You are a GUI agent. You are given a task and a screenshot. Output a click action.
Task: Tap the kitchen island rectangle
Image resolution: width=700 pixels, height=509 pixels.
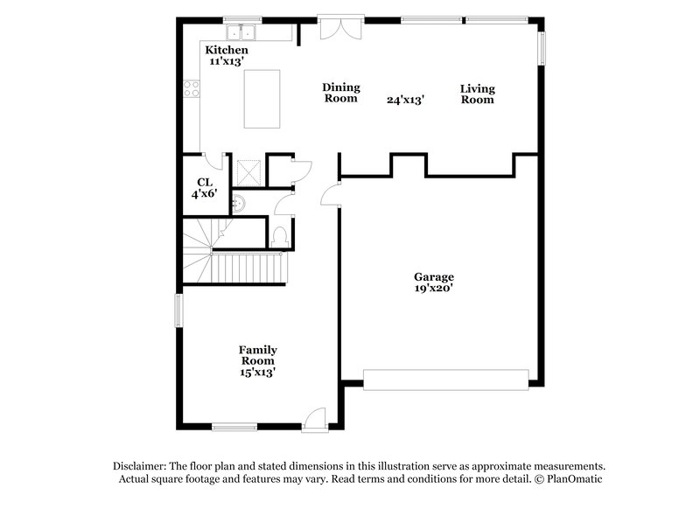coord(262,99)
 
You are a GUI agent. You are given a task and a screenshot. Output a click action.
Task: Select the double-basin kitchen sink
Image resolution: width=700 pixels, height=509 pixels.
coord(240,33)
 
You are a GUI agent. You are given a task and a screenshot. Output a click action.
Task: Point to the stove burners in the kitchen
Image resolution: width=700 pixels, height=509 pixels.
coord(190,87)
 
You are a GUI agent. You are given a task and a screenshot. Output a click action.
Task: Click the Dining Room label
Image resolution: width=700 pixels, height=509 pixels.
coord(340,93)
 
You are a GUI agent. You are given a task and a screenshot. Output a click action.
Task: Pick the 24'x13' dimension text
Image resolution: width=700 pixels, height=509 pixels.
coord(406,100)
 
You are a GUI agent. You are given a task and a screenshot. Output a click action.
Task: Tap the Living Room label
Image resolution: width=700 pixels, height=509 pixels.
coord(478,94)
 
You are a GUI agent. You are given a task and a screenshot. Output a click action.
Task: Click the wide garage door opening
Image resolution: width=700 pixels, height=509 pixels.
coord(446,379)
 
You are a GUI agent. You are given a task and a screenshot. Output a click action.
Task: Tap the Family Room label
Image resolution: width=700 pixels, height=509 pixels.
coord(257,355)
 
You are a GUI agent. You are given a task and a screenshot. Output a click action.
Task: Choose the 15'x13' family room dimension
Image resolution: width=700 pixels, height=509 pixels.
coord(257,372)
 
